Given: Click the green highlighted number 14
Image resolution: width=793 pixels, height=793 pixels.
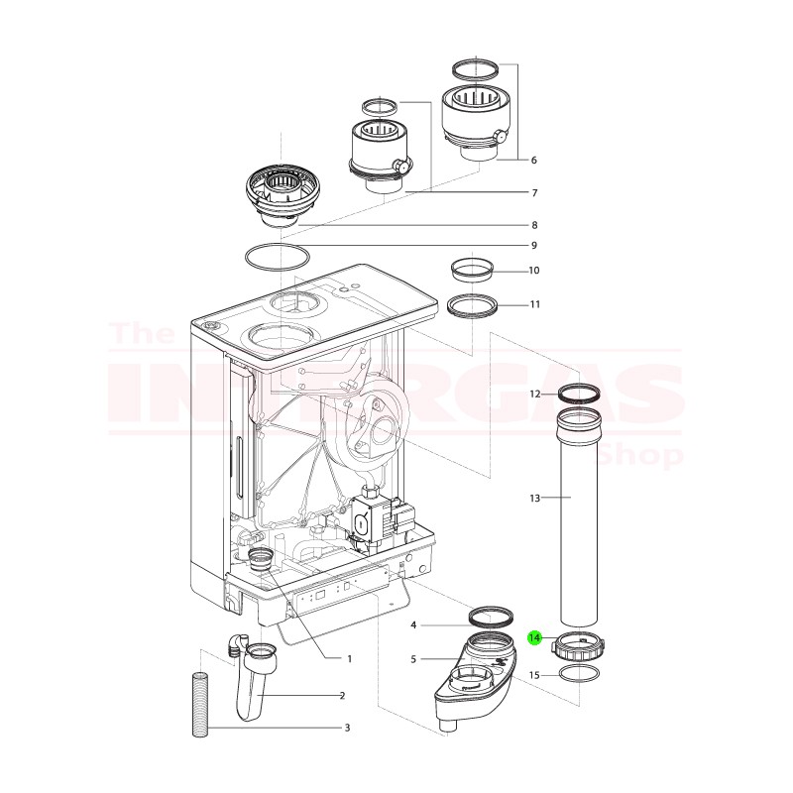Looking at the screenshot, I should point(535,638).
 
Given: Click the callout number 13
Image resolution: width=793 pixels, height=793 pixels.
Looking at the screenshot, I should point(534,498).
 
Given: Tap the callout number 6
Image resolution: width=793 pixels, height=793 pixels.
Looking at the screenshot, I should point(533,160).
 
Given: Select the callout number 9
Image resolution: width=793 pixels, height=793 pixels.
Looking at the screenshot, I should point(533,245).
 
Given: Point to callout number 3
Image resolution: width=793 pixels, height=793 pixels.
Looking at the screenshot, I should point(347,729).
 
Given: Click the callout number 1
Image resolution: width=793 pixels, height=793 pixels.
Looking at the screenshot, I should point(349,658).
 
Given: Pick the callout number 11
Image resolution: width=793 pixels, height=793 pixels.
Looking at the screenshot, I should point(534,304).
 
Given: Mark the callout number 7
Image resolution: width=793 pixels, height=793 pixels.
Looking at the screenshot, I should point(533,192).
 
